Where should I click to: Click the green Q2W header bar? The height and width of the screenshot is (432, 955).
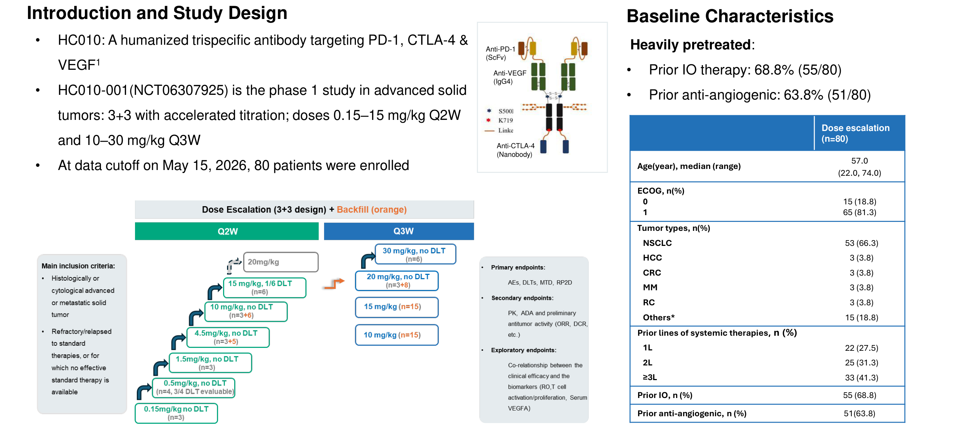click(227, 231)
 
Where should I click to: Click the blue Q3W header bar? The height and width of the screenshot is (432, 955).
click(399, 231)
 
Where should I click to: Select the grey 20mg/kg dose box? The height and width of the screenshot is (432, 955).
click(281, 262)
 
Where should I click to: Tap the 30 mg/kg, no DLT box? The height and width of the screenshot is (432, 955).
click(415, 254)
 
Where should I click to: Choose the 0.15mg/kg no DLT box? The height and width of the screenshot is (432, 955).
click(176, 413)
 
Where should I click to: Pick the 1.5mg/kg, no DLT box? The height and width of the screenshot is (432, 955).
click(210, 363)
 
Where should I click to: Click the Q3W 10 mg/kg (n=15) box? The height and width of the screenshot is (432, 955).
click(397, 335)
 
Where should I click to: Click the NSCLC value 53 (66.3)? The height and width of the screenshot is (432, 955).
click(862, 243)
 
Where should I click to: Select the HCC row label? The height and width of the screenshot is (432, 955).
click(652, 258)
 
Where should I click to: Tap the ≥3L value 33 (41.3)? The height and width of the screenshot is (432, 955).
click(862, 378)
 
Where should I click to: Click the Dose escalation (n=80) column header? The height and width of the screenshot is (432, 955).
click(855, 134)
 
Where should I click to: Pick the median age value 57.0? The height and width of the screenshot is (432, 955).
click(859, 161)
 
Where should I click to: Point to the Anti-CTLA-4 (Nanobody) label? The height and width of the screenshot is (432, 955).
click(515, 150)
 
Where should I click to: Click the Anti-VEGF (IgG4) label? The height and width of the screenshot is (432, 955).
click(510, 77)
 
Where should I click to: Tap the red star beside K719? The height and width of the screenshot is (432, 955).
click(489, 120)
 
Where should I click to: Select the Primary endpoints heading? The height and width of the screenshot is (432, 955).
click(518, 267)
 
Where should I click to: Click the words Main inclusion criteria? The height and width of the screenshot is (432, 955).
click(78, 266)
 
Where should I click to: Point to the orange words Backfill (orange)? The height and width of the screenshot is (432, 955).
click(371, 210)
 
